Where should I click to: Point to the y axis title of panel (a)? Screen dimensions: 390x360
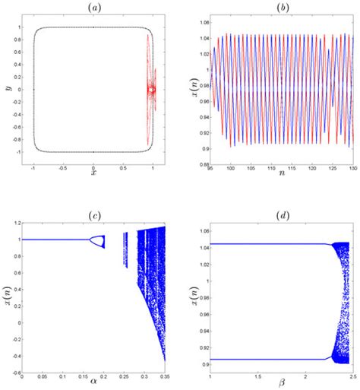(x=8, y=89)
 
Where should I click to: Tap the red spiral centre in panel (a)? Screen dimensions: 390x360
(x=152, y=90)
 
